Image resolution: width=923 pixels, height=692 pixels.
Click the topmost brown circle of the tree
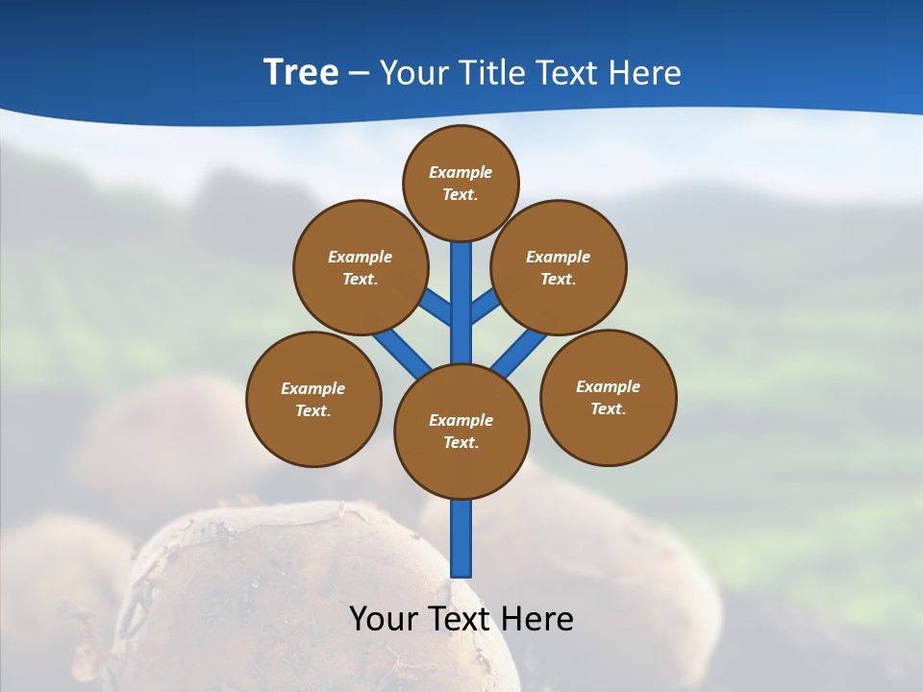(x=461, y=183)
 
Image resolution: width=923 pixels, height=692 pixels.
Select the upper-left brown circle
(x=361, y=267)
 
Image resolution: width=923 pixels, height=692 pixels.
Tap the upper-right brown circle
(x=559, y=267)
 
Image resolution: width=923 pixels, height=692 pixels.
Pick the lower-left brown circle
(x=313, y=399)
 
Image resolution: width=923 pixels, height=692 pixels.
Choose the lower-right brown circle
(x=608, y=397)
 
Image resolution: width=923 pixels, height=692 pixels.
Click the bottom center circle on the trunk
(x=461, y=431)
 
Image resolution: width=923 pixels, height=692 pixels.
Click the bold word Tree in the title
(x=301, y=72)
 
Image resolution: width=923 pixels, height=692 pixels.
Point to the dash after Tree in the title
(x=359, y=73)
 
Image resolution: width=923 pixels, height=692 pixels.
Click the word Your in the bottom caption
(x=385, y=619)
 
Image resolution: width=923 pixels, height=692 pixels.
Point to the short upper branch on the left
(x=436, y=308)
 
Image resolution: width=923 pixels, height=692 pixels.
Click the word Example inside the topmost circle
(x=461, y=172)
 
